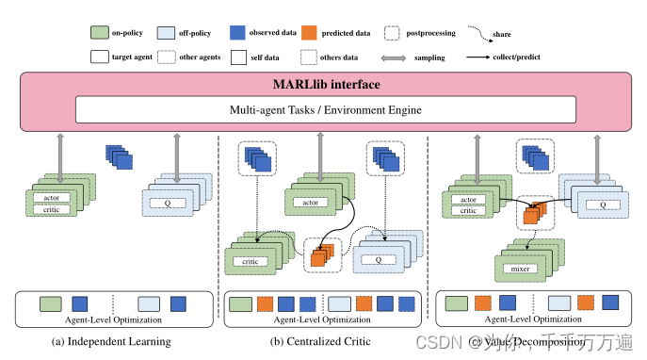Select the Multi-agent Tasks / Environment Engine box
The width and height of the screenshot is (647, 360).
tap(324, 110)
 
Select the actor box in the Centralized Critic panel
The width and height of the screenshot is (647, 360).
tap(305, 202)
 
